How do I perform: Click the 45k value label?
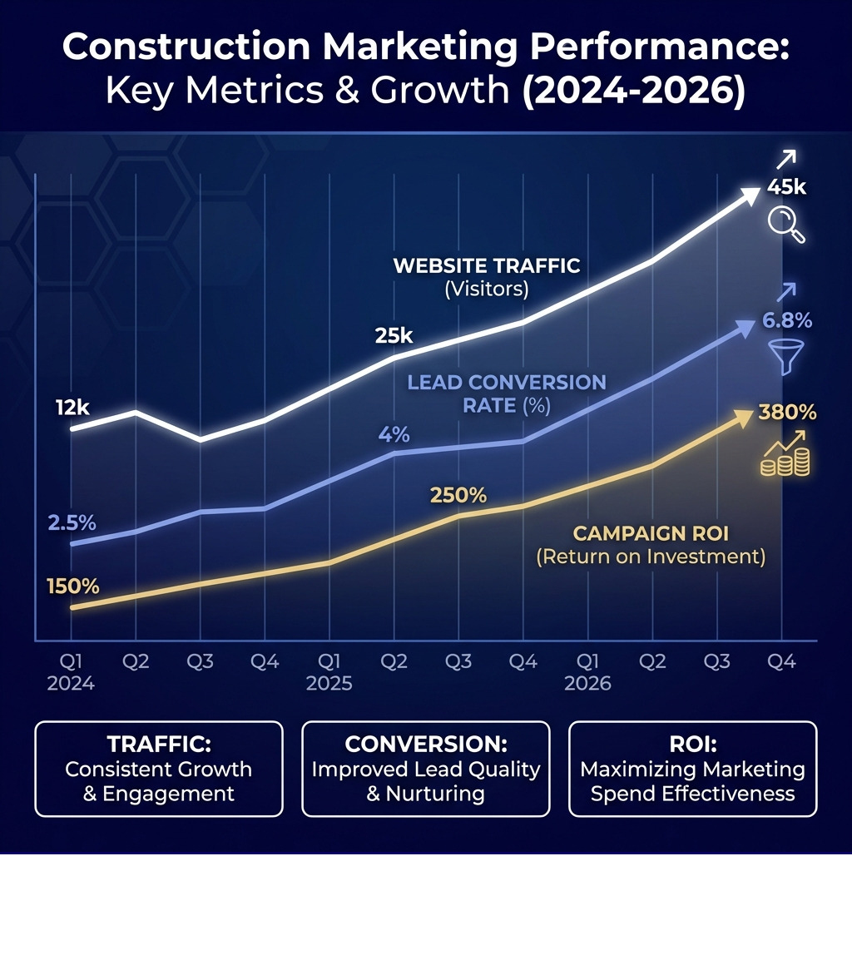(786, 188)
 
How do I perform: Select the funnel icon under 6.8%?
(784, 356)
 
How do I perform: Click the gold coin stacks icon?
(785, 460)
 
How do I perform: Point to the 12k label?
(73, 408)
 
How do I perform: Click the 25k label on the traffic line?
(394, 336)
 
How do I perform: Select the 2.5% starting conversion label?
(72, 523)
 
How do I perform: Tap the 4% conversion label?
(394, 434)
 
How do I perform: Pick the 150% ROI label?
(73, 586)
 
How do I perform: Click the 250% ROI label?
(458, 495)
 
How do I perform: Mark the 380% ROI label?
(787, 413)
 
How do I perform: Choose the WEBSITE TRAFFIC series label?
(486, 266)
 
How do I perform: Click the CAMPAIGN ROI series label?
(651, 534)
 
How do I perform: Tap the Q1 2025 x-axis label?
(329, 672)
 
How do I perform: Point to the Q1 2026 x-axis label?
(587, 672)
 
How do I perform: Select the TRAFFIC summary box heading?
(159, 744)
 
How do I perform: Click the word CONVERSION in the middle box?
(425, 744)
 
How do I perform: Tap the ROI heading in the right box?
(692, 744)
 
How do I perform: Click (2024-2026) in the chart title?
(632, 89)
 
